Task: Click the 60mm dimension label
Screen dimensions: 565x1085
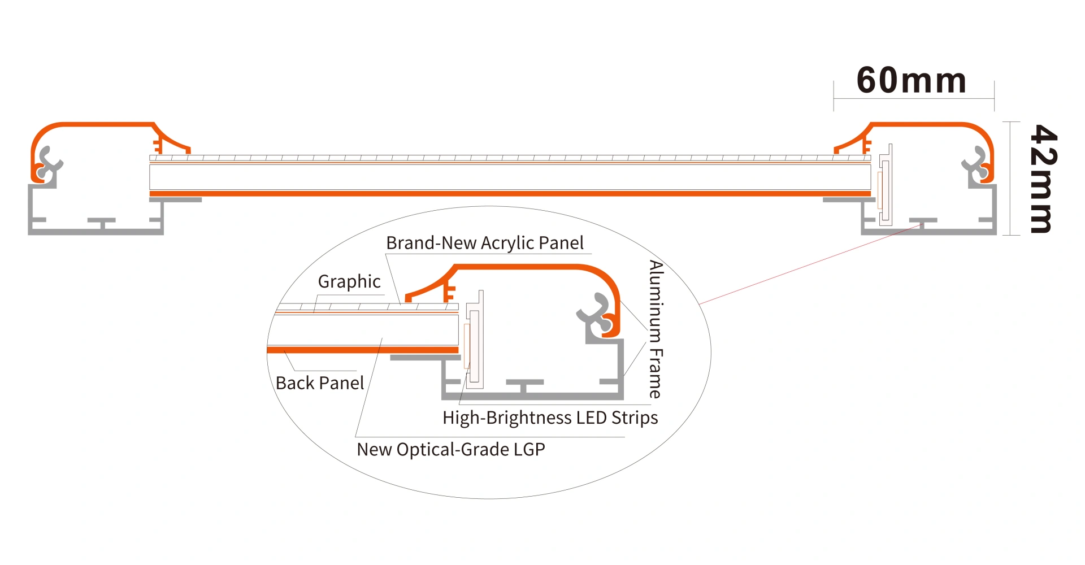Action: tap(911, 80)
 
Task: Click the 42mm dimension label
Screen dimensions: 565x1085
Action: tap(1043, 179)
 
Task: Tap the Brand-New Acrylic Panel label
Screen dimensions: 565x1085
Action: tap(484, 243)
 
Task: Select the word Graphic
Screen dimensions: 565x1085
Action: tap(349, 281)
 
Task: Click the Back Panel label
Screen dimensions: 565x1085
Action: tap(319, 383)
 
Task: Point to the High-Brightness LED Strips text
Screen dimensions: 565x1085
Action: tap(550, 418)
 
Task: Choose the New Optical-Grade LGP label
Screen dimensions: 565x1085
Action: tap(450, 450)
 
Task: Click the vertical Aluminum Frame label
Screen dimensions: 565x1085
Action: tap(656, 329)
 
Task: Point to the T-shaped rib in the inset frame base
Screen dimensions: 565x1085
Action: tap(524, 386)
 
